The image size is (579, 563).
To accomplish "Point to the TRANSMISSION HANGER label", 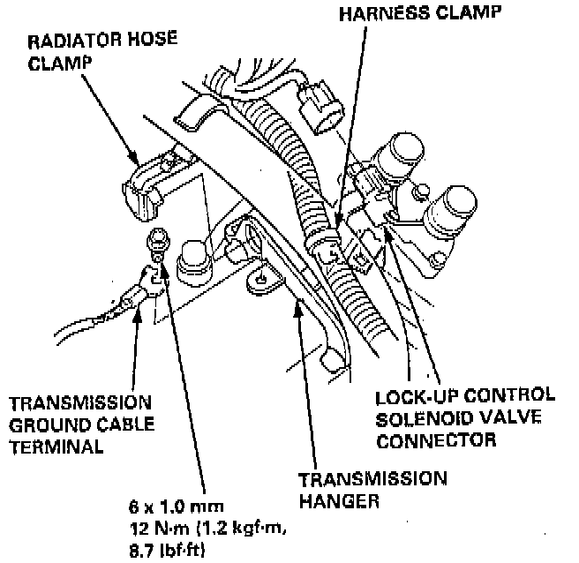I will coord(372,490).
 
